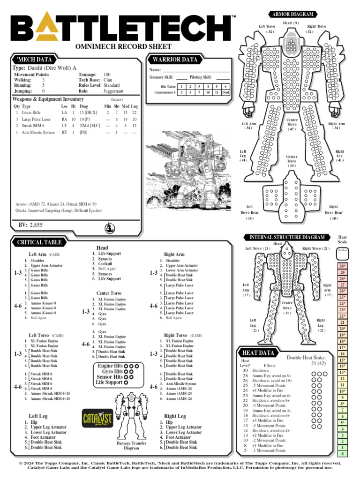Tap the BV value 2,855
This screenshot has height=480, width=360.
pyautogui.click(x=36, y=225)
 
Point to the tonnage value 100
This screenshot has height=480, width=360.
pyautogui.click(x=107, y=75)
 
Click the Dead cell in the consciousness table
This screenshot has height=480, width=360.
pyautogui.click(x=225, y=92)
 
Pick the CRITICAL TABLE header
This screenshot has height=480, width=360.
pyautogui.click(x=39, y=242)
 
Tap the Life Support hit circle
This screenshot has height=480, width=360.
pyautogui.click(x=126, y=382)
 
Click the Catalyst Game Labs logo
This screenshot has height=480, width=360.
pyautogui.click(x=97, y=417)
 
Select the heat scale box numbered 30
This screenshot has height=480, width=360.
pyautogui.click(x=343, y=267)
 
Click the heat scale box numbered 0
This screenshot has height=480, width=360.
pyautogui.click(x=343, y=454)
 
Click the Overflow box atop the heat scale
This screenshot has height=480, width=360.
pyautogui.click(x=343, y=252)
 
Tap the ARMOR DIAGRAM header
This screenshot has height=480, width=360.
pyautogui.click(x=291, y=14)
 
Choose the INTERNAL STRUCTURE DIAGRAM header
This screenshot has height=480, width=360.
pyautogui.click(x=287, y=237)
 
